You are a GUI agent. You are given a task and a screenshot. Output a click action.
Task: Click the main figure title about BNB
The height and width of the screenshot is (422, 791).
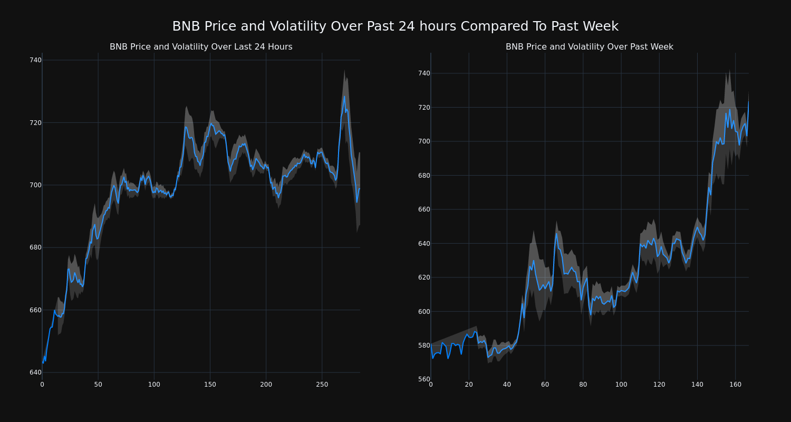click(x=395, y=26)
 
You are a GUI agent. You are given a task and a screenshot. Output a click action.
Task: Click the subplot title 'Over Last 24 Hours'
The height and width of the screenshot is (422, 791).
click(x=201, y=47)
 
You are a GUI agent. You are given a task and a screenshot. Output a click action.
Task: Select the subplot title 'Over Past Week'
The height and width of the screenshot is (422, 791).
click(x=589, y=47)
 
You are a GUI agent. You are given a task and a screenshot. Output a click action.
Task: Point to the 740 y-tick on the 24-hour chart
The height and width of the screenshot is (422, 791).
click(x=35, y=60)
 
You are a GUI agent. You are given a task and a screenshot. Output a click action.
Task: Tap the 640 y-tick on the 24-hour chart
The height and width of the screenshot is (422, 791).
click(x=35, y=372)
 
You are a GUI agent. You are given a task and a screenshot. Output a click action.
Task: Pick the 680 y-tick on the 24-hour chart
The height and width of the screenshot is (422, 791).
click(x=35, y=247)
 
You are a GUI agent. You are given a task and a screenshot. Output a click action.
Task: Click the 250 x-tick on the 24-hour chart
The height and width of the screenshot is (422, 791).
click(x=322, y=385)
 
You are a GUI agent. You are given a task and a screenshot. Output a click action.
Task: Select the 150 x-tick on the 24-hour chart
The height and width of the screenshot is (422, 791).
click(x=210, y=385)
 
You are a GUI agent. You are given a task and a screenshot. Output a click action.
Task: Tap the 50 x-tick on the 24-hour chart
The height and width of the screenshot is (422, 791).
click(x=98, y=385)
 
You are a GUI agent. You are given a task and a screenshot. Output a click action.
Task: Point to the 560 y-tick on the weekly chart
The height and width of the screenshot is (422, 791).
click(x=424, y=379)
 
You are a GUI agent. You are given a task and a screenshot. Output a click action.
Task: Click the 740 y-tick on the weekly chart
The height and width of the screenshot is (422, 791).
click(x=424, y=73)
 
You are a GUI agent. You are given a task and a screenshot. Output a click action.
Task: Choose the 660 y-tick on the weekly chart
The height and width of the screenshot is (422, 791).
click(x=424, y=209)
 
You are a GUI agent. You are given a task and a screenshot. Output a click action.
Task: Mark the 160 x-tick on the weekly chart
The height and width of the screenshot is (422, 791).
click(x=735, y=385)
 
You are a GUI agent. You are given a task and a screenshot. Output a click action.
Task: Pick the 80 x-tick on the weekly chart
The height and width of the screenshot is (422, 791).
click(x=583, y=385)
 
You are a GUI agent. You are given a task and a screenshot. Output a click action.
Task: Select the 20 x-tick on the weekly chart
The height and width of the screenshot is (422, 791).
click(x=469, y=385)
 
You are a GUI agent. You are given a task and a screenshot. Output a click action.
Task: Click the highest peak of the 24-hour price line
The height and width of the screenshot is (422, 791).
click(x=344, y=96)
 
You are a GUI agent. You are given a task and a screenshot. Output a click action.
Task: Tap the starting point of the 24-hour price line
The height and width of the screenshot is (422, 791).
click(x=43, y=362)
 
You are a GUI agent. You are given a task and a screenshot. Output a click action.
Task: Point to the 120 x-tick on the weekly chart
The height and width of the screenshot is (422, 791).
click(x=659, y=385)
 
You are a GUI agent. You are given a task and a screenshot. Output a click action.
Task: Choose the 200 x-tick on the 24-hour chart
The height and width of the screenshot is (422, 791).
click(x=266, y=385)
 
